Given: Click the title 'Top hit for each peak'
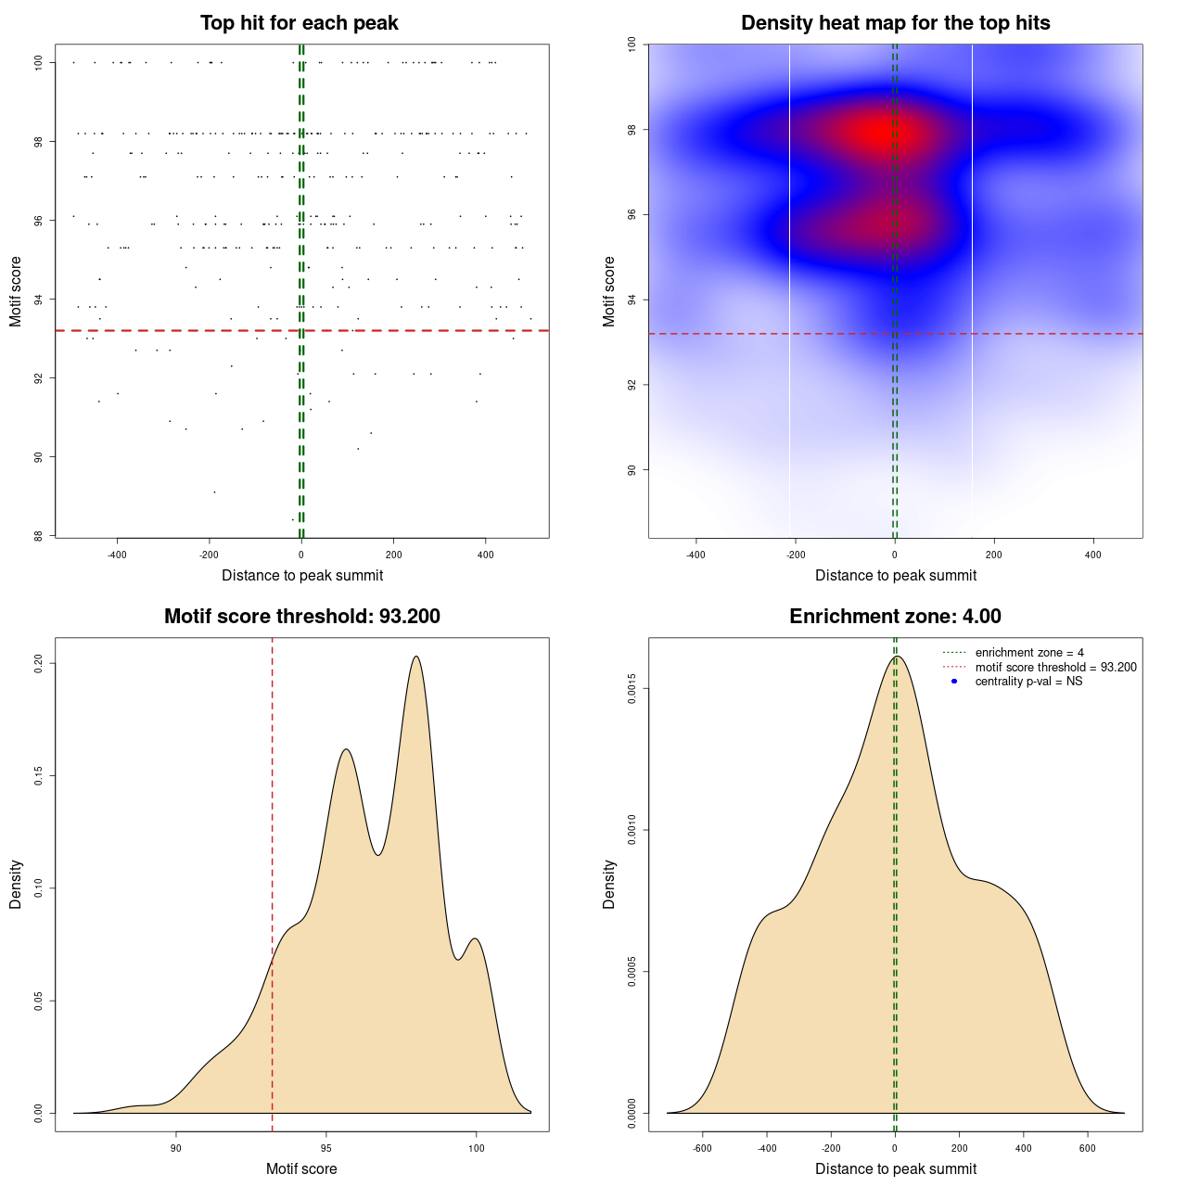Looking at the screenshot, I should [300, 23].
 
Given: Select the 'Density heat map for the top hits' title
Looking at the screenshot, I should [895, 23].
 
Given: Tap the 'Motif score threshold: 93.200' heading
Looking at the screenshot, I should [301, 617].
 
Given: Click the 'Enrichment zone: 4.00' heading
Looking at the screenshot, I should [895, 617].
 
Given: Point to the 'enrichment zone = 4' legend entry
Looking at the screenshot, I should [1029, 653].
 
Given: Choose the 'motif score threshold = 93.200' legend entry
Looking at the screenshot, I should [1055, 667].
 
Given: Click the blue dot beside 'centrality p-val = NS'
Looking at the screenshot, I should [954, 682].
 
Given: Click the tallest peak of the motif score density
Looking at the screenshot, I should [416, 657].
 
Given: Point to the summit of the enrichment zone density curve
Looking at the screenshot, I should [896, 657].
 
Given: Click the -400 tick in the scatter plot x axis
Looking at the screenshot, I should [117, 555].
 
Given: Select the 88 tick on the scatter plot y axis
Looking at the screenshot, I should [39, 535].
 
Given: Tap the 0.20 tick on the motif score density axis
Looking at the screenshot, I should [39, 663].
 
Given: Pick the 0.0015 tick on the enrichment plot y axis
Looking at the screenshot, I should [632, 689].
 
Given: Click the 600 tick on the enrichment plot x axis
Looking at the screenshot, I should [1088, 1148].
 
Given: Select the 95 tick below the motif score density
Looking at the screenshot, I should [326, 1148].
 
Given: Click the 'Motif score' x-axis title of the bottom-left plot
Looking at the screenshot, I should [301, 1168].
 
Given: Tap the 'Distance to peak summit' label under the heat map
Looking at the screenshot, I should [896, 575].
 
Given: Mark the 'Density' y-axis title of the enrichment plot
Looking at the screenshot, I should [609, 884].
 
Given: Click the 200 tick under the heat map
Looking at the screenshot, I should [994, 555].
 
